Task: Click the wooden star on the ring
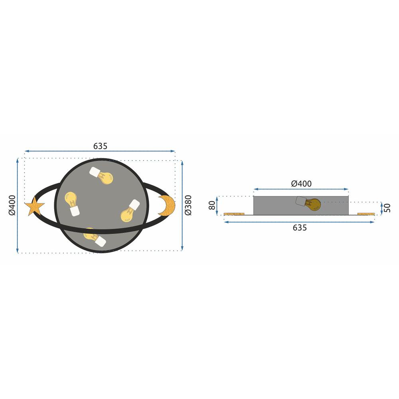point(34,207)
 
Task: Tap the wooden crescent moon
point(168,206)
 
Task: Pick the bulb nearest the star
point(72,203)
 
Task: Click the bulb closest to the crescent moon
point(129,211)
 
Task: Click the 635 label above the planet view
point(100,146)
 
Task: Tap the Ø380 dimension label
point(188,205)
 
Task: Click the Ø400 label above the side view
point(301,184)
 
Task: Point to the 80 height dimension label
point(212,205)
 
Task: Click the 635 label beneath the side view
point(300,228)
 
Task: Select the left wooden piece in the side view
point(234,214)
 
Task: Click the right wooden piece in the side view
point(366,214)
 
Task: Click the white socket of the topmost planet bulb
point(95,172)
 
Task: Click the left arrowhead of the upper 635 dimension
point(26,152)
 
